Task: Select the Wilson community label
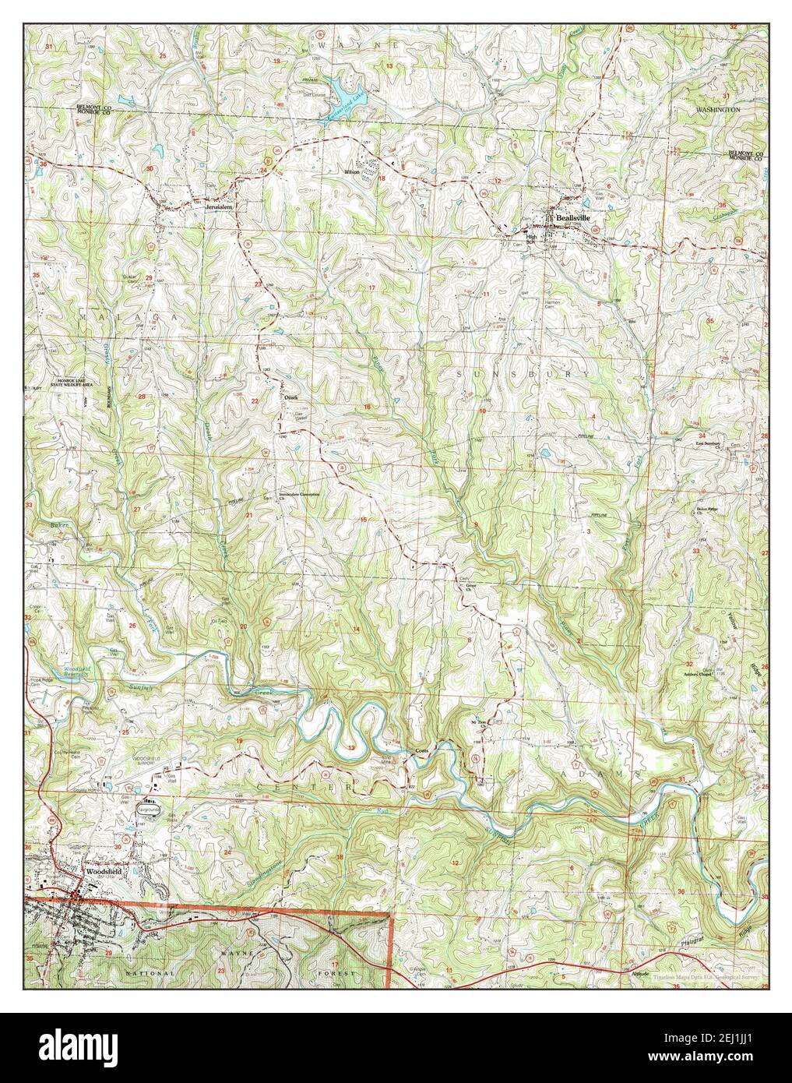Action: tap(353, 171)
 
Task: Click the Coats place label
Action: tap(421, 752)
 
